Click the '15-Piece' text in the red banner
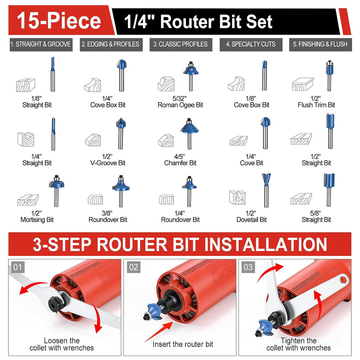pos(59,21)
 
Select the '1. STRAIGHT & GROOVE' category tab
pos(41,44)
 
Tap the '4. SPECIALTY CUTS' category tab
pos(251,44)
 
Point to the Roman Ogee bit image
pos(191,76)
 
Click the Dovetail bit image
pos(266,190)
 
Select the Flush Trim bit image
pos(329,75)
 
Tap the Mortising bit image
pos(56,191)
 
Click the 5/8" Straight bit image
pos(329,190)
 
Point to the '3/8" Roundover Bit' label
pos(107,216)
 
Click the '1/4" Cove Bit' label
pos(251,160)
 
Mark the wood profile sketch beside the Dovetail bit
pos(237,197)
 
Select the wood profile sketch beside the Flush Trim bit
pos(303,84)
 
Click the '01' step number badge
pos(17,267)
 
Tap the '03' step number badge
pos(248,267)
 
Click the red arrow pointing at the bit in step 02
pos(159,331)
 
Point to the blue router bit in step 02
pos(153,311)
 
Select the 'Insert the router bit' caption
pos(183,344)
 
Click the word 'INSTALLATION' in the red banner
pos(265,244)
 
